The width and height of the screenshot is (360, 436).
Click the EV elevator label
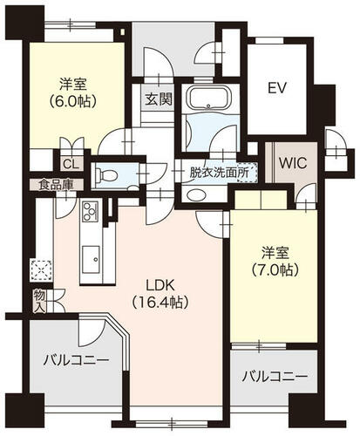[x=277, y=88]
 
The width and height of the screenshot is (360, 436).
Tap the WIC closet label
[x=293, y=163]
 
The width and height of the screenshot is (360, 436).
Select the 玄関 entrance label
[x=159, y=99]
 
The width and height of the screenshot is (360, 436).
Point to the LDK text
[x=160, y=286]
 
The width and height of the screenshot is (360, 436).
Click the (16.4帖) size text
[x=160, y=303]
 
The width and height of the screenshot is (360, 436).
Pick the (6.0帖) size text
[x=72, y=101]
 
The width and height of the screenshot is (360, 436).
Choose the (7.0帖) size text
[x=275, y=269]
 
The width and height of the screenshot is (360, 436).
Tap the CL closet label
[x=71, y=165]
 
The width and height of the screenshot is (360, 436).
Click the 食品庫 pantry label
[x=57, y=185]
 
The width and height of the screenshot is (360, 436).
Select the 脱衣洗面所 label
[x=219, y=173]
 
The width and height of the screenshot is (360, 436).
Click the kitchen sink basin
[x=91, y=260]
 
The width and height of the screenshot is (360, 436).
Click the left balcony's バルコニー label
[x=76, y=361]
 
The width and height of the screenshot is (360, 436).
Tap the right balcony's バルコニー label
[x=275, y=378]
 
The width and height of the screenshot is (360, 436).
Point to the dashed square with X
[x=41, y=270]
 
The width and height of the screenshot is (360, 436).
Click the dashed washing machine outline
[x=248, y=173]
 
